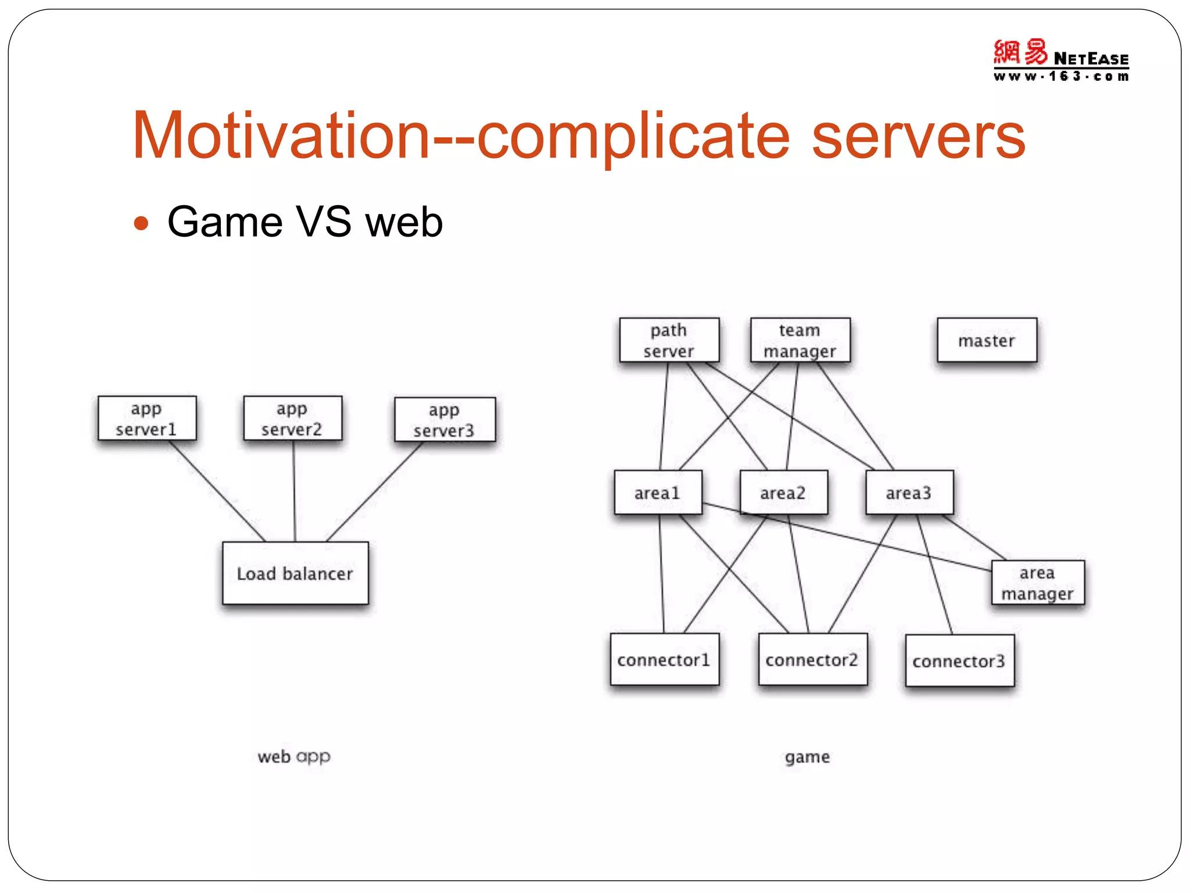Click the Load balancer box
point(295,573)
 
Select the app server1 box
point(147,419)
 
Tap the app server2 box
point(293,419)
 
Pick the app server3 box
point(445,420)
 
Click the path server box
point(669,340)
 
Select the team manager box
point(800,340)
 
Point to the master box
point(987,340)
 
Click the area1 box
point(658,493)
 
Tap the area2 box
point(783,493)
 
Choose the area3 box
point(909,493)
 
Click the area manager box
point(1038,583)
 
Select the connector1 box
point(664,660)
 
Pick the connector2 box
point(812,660)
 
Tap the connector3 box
point(959,661)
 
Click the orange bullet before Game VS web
point(141,223)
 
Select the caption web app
point(294,756)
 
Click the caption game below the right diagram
point(807,757)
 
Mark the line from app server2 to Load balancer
point(294,491)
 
